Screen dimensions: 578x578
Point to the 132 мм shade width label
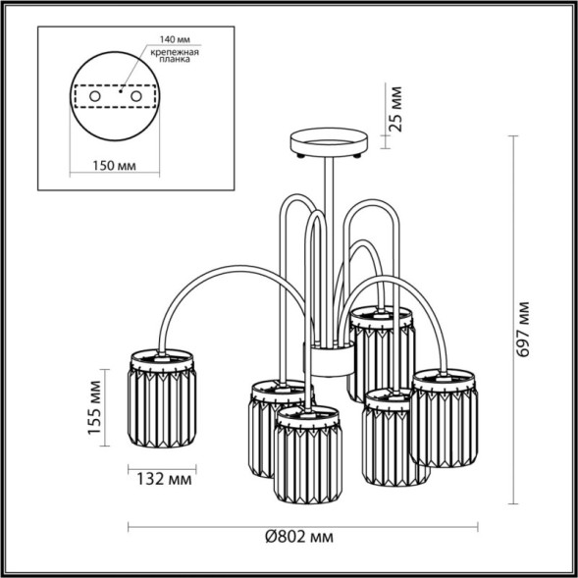coord(160,480)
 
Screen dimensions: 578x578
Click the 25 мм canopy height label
coord(396,110)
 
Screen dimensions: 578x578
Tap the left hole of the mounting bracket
coord(95,98)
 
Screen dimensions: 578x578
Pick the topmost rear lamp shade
coord(382,348)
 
